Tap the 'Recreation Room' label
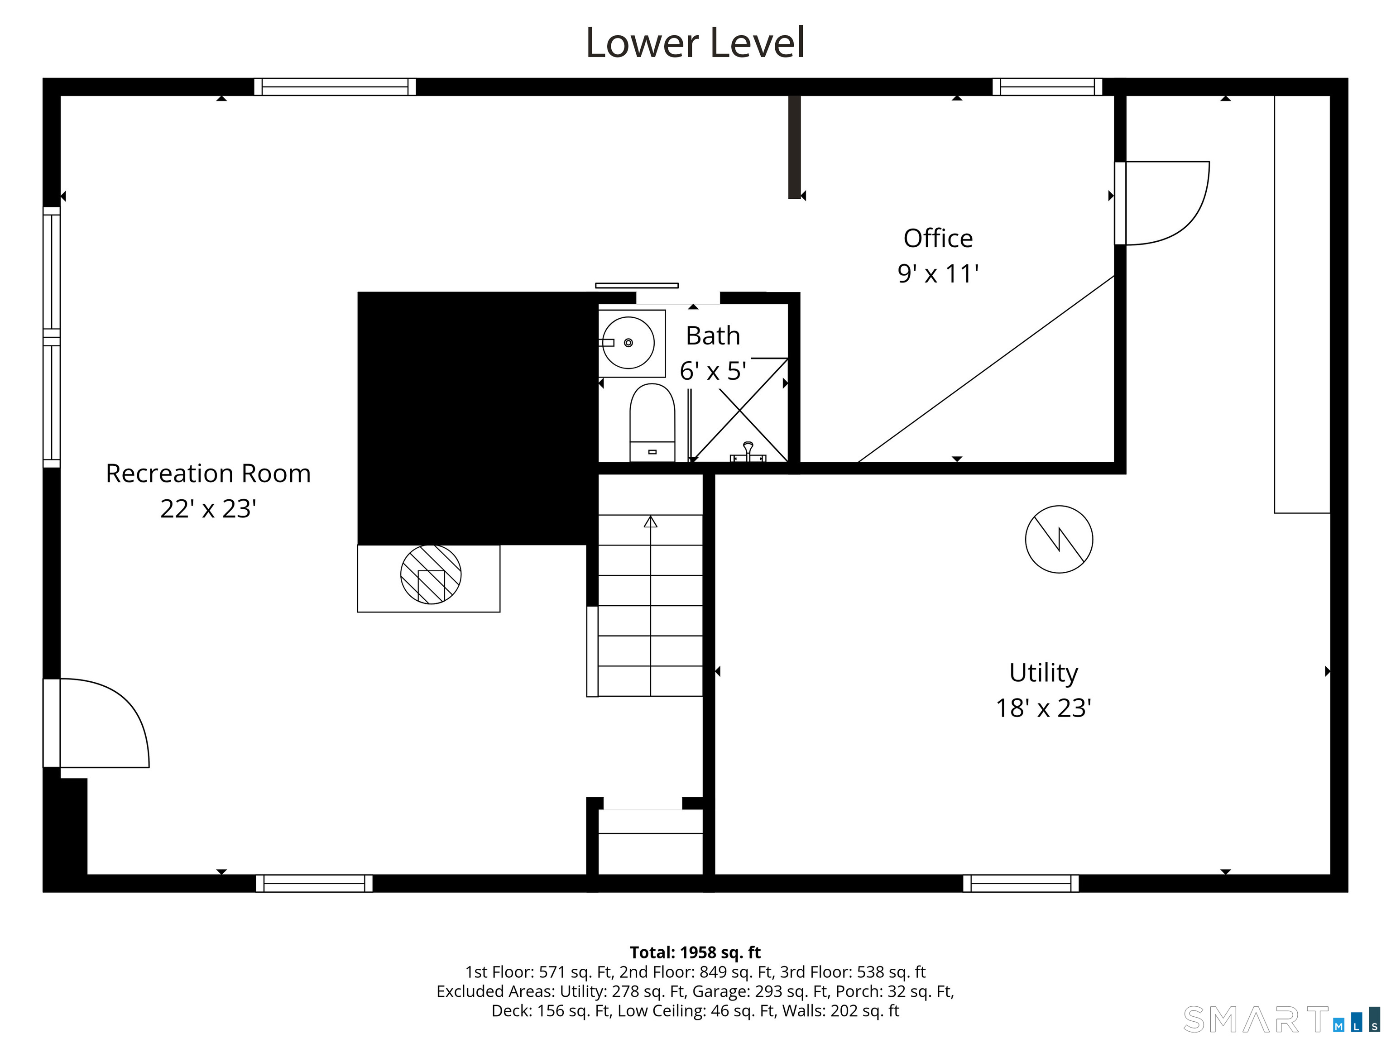pos(208,474)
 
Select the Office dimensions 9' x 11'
pos(938,273)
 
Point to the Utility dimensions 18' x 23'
pos(1043,708)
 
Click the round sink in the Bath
pos(628,343)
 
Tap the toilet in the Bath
pos(652,422)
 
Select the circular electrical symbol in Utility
pos(1059,540)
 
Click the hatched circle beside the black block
pos(431,574)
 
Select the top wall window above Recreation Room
pos(335,87)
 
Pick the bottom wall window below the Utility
pos(1021,883)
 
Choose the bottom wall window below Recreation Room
pos(314,883)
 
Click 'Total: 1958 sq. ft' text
pos(695,952)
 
